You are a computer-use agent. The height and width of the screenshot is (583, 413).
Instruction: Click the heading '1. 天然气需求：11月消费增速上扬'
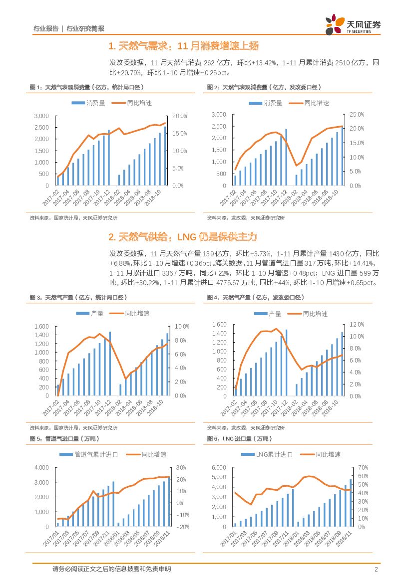(183, 46)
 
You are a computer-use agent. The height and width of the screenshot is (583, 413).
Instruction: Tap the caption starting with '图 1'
(87, 87)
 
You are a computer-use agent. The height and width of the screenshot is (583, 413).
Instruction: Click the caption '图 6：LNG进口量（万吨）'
(240, 439)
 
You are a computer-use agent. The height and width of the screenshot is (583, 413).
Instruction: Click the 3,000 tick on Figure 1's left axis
(41, 116)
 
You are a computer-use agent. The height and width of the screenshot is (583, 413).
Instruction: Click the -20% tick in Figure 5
(181, 527)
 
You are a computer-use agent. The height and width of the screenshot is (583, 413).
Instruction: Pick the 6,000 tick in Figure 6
(220, 468)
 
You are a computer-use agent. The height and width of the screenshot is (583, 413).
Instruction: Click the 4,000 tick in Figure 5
(42, 468)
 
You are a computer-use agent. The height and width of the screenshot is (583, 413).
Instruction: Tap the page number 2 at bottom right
(376, 570)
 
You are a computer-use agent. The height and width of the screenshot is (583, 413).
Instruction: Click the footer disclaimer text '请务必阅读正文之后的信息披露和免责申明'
(112, 569)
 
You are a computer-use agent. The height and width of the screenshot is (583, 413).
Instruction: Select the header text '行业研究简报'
(85, 29)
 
